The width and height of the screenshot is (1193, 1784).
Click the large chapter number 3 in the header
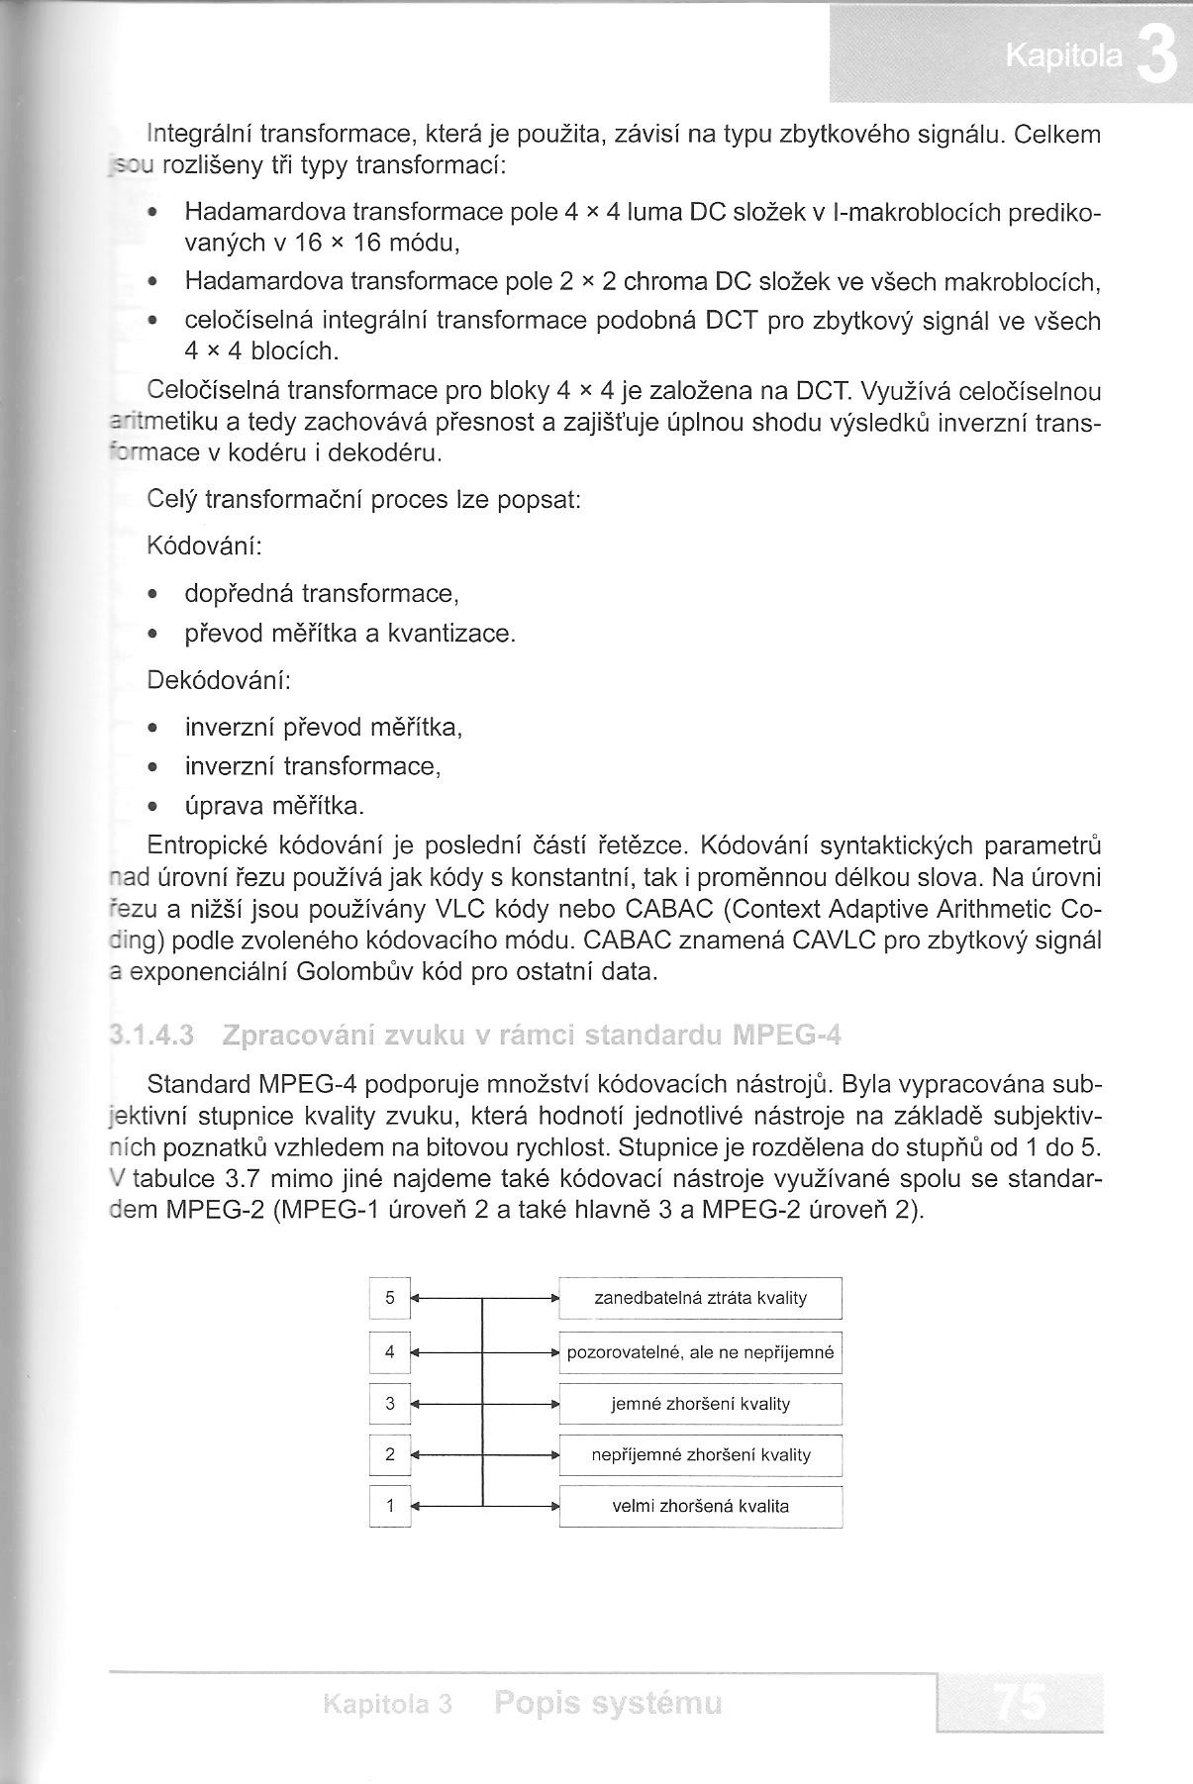(x=1156, y=57)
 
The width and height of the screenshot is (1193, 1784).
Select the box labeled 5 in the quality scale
(x=390, y=1298)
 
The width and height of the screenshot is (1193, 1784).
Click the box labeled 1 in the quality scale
(x=390, y=1506)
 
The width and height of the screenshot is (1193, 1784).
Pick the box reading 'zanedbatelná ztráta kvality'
(x=700, y=1298)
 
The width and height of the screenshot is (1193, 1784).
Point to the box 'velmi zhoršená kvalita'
(x=700, y=1506)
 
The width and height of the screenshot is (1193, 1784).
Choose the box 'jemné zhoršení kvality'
(x=700, y=1403)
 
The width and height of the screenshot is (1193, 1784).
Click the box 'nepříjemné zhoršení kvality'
(x=700, y=1454)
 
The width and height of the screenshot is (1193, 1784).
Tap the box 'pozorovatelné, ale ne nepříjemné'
(x=700, y=1351)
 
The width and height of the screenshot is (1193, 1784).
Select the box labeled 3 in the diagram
(x=390, y=1403)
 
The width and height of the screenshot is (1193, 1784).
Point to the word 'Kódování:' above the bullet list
(x=204, y=545)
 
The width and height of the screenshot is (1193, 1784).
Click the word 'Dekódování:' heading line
(x=219, y=680)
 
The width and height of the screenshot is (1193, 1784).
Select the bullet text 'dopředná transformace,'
(x=322, y=593)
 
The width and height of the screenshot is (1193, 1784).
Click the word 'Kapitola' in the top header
(x=1064, y=57)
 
